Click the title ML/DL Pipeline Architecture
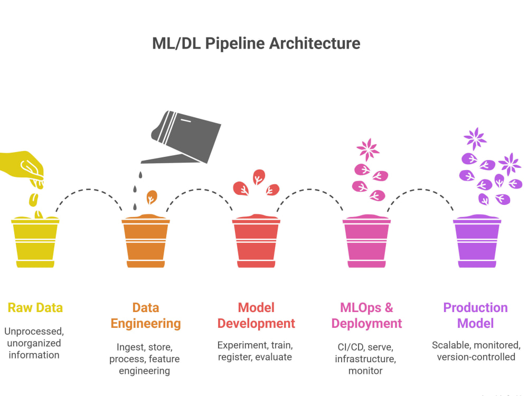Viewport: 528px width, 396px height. (256, 44)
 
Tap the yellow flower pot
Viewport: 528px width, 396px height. (35, 242)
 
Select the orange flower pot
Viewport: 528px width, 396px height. (146, 241)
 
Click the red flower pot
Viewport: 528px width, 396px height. (256, 241)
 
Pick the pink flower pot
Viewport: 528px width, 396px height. (366, 241)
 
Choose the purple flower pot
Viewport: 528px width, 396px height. (477, 241)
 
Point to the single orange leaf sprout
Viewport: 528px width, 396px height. (152, 197)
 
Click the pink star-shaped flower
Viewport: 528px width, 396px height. (367, 149)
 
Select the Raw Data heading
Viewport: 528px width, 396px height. (35, 308)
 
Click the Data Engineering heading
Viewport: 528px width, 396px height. (146, 316)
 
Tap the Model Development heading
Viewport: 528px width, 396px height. (256, 316)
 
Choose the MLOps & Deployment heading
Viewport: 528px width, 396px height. (366, 316)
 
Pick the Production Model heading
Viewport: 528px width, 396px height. (476, 316)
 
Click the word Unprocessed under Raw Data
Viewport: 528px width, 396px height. (34, 332)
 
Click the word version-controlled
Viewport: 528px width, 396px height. (476, 357)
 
